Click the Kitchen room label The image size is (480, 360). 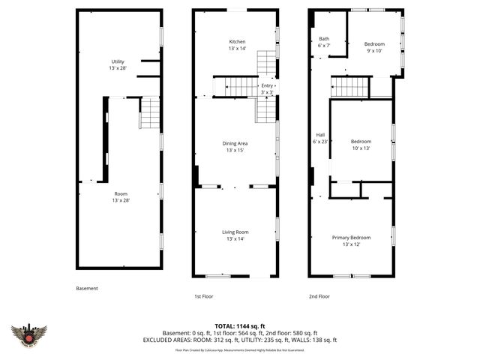[x=237, y=44]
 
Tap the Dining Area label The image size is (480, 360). [x=235, y=145]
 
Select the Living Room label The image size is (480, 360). [x=235, y=235]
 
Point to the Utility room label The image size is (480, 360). [x=118, y=65]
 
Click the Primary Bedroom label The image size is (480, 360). [x=351, y=240]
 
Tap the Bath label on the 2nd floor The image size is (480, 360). [x=324, y=41]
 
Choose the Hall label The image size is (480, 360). [x=320, y=138]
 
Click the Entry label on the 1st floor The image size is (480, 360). [x=267, y=88]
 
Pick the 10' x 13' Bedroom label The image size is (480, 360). [x=361, y=145]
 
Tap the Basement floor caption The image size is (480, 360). [x=87, y=288]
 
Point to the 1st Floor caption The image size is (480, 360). [x=204, y=296]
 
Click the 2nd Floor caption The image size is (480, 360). [x=319, y=296]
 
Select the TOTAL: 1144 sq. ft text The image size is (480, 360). [x=239, y=325]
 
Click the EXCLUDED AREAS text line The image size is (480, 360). [x=239, y=340]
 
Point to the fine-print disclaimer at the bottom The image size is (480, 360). [x=239, y=349]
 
